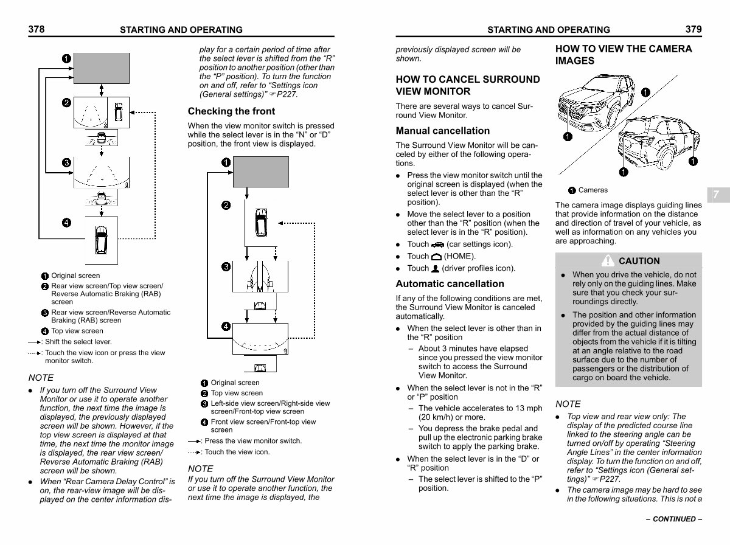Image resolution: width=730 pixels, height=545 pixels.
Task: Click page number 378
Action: tap(36, 29)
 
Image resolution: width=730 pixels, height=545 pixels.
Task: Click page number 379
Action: tap(693, 29)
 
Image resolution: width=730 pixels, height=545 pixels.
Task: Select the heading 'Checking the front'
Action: tap(231, 111)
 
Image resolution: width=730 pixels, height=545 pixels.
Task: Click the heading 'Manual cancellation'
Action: tap(442, 131)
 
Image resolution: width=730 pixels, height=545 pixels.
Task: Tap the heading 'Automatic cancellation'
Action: tap(450, 283)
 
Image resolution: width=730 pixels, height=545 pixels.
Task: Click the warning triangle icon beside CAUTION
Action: tap(608, 260)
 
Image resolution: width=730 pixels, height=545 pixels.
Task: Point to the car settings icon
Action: tap(437, 245)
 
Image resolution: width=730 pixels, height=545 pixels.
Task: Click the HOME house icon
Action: tap(436, 257)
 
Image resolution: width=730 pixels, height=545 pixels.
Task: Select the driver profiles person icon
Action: tap(435, 268)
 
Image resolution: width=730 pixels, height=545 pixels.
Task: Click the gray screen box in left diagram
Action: tap(102, 68)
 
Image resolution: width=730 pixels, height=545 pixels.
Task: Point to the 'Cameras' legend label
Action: tap(593, 190)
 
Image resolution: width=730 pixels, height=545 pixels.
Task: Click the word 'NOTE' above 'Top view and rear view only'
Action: tap(568, 404)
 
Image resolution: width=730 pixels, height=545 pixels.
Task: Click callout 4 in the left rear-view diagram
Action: tap(66, 222)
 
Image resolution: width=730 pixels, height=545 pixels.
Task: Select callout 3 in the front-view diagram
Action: tap(226, 267)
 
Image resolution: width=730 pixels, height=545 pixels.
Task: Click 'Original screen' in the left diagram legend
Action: tap(75, 276)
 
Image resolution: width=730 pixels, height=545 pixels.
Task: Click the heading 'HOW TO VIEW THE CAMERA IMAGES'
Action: tap(624, 55)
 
